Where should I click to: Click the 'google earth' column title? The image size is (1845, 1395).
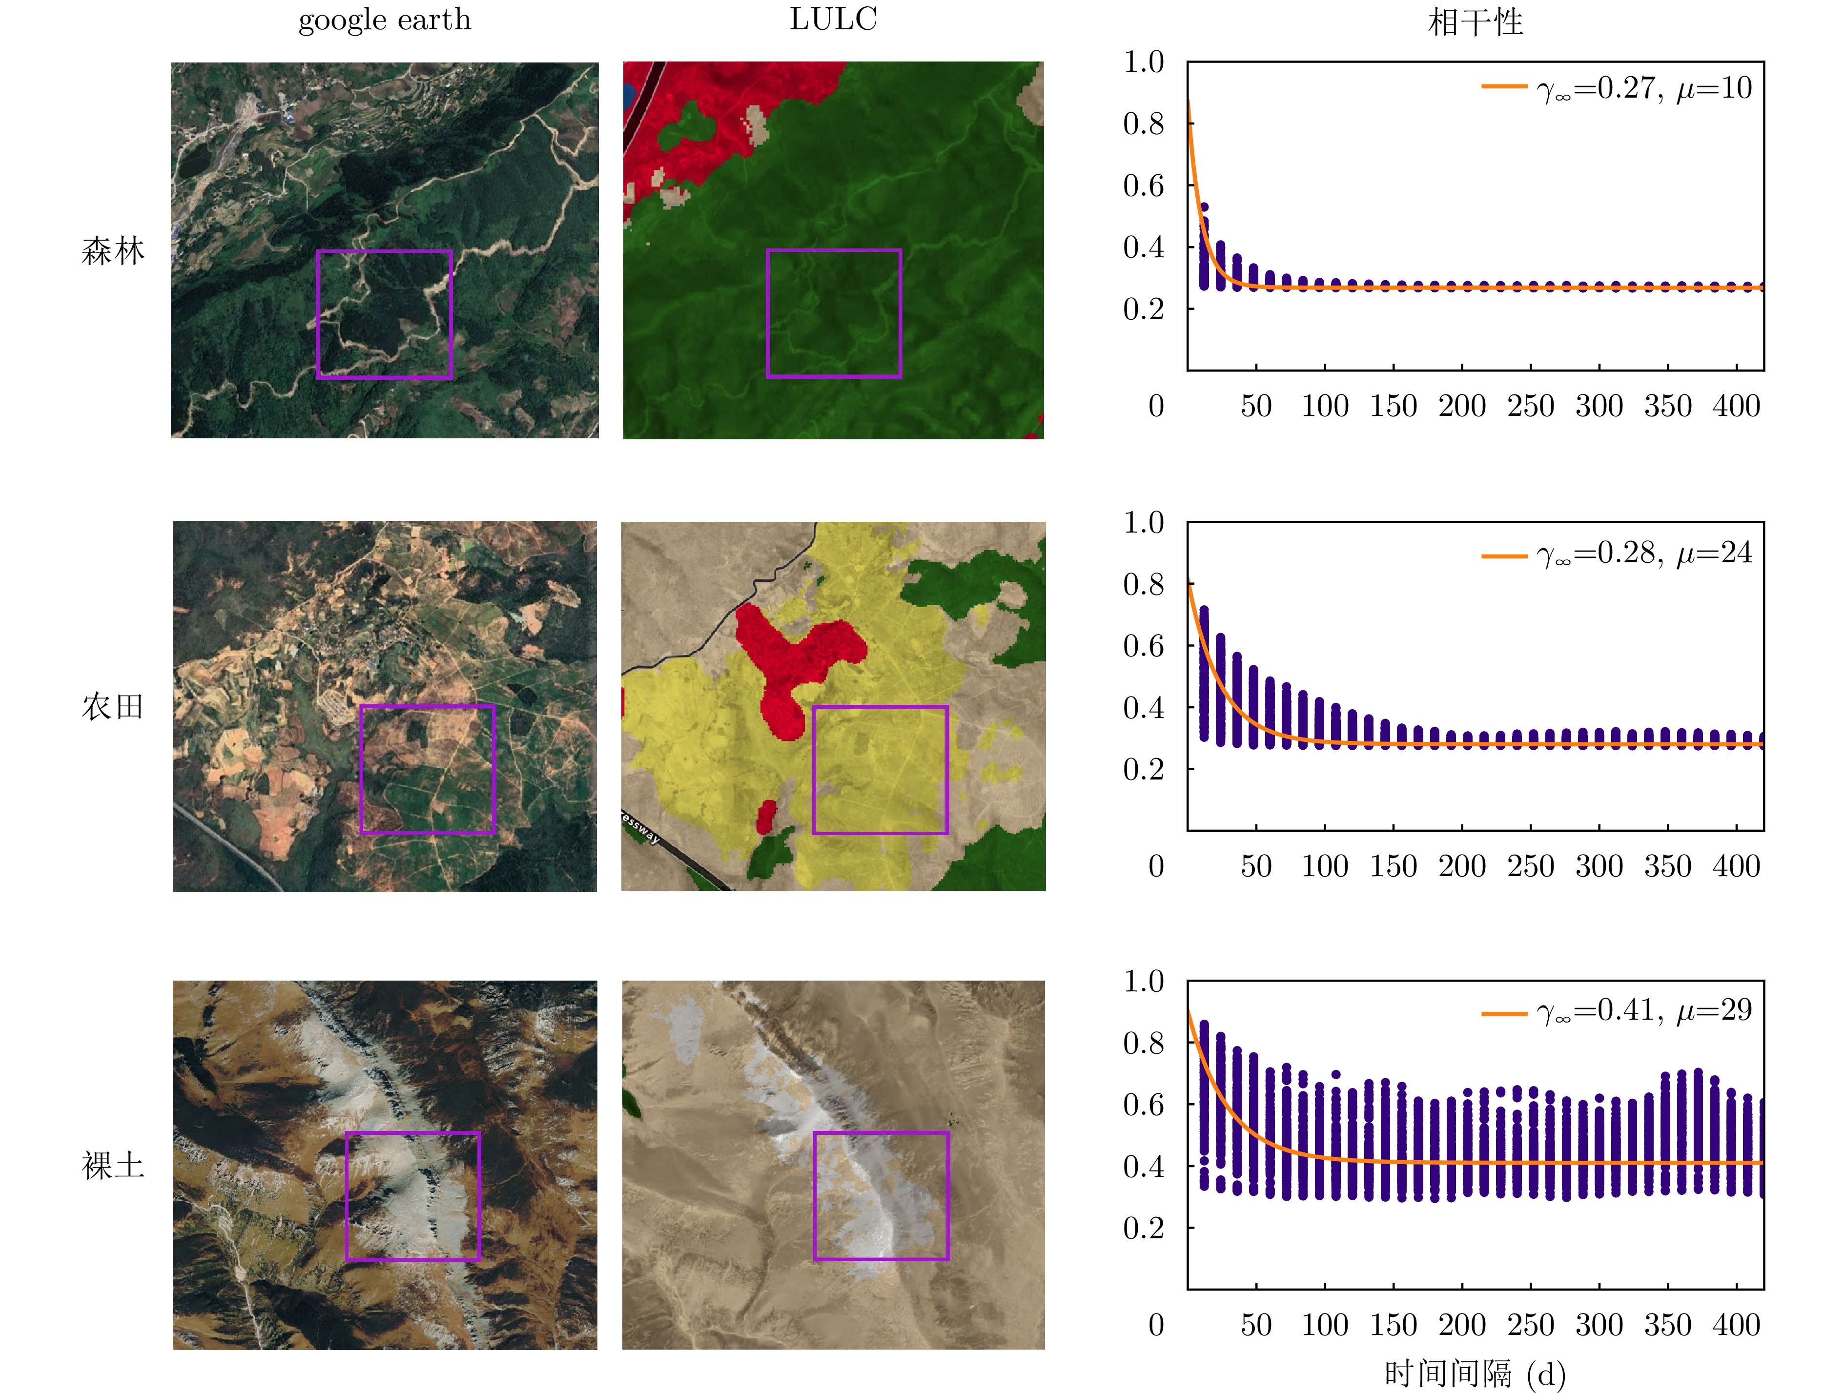[385, 20]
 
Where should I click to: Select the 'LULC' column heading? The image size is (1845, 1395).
[833, 20]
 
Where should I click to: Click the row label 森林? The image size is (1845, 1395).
[113, 250]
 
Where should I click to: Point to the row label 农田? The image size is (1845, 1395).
[113, 707]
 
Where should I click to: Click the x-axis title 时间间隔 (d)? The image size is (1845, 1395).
[1475, 1374]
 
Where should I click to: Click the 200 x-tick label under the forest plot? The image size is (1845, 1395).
[1461, 406]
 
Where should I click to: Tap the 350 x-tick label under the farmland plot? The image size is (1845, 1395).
[1667, 866]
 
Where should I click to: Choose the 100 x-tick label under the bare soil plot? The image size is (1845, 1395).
[1325, 1325]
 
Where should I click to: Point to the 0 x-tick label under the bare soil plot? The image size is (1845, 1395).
[1156, 1325]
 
